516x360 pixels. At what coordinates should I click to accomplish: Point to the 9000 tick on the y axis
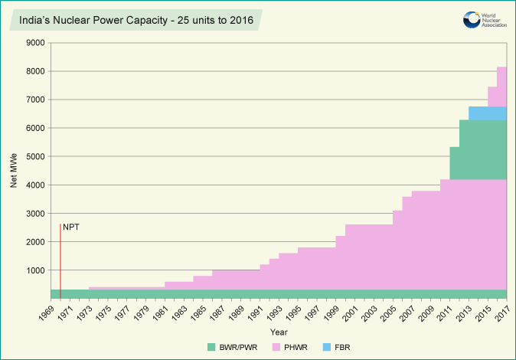[35, 43]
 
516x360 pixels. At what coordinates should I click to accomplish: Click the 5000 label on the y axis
[35, 157]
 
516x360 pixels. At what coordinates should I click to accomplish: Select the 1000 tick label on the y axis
[35, 270]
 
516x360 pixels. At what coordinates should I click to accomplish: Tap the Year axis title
[279, 332]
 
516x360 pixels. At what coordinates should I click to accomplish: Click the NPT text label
[70, 227]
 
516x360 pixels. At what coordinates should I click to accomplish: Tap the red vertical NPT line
[60, 260]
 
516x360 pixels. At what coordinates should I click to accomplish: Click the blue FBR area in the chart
[487, 113]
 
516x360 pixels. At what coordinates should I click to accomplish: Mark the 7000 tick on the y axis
[35, 100]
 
